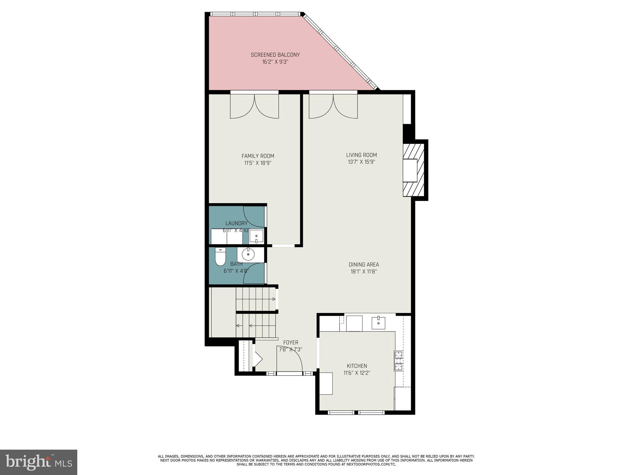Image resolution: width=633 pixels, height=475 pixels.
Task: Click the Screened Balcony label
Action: click(275, 55)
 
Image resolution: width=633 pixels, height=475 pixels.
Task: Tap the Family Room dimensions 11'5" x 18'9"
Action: click(258, 163)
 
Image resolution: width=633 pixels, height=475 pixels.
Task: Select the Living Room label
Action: click(361, 155)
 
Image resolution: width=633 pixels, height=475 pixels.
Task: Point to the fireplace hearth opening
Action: click(410, 170)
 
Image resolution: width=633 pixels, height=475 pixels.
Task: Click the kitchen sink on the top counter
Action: click(378, 323)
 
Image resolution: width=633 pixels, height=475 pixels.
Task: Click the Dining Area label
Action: click(363, 264)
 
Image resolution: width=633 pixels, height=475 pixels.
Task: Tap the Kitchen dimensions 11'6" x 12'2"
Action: click(357, 373)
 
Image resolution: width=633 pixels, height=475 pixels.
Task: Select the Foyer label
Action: click(291, 342)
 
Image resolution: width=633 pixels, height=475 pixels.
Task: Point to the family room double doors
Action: click(254, 107)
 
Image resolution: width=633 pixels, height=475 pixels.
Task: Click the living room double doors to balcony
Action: click(333, 107)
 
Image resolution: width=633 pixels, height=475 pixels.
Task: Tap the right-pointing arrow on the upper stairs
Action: click(274, 299)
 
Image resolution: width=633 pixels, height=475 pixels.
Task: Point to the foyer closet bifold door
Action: click(257, 359)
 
